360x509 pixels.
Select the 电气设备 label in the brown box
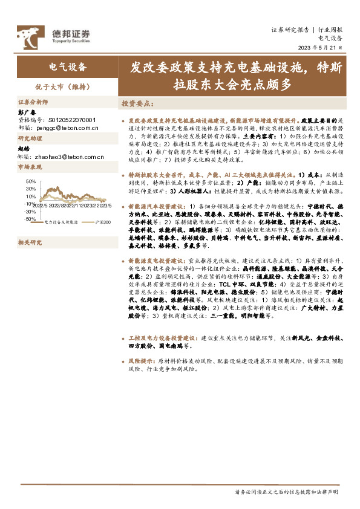67,66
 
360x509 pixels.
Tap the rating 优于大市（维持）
67,86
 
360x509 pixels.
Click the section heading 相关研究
28,243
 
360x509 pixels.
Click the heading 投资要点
137,104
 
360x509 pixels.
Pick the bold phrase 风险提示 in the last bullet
141,360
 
